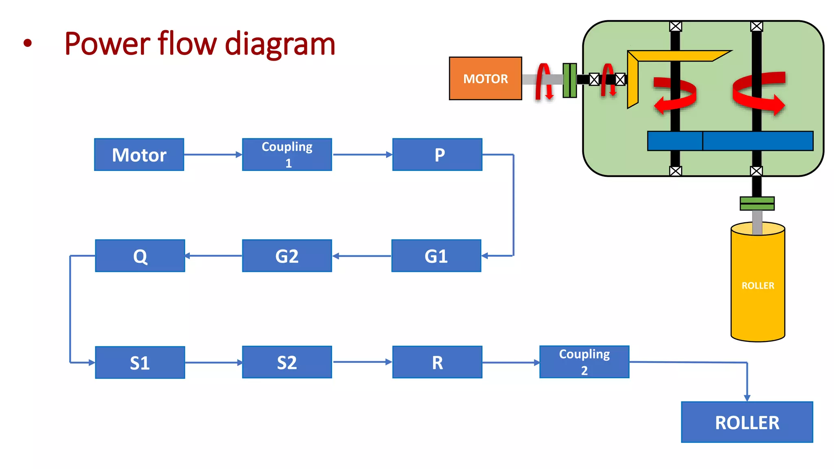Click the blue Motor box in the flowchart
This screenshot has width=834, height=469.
[x=139, y=155]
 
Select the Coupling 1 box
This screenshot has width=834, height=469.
[x=287, y=155]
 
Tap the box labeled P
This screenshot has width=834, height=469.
[x=437, y=155]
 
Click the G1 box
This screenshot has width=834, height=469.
[x=436, y=256]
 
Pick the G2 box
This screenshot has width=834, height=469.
[x=287, y=256]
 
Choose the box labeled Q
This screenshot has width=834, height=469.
[x=140, y=256]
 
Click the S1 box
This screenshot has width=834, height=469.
[x=140, y=362]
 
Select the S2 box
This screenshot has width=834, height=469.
[x=287, y=362]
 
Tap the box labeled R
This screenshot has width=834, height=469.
[x=437, y=362]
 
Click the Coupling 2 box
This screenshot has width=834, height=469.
[x=584, y=362]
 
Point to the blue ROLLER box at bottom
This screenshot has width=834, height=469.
[x=747, y=422]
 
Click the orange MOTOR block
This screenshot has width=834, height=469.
[x=485, y=79]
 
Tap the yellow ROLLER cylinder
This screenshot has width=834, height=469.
[x=757, y=285]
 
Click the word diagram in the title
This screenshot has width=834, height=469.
[x=280, y=44]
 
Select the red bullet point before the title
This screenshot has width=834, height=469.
[x=27, y=43]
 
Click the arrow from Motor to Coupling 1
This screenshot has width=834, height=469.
[x=213, y=155]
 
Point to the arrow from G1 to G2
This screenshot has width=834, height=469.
[x=362, y=256]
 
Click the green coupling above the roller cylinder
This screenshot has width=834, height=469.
[x=757, y=203]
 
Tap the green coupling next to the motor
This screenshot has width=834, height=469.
[x=569, y=80]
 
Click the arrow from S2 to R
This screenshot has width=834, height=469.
[x=362, y=362]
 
